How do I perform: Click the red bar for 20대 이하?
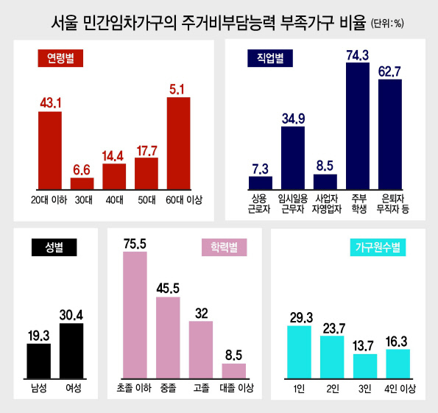pyautogui.click(x=50, y=151)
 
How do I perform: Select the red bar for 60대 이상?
pyautogui.click(x=178, y=144)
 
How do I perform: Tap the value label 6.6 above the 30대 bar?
pyautogui.click(x=82, y=170)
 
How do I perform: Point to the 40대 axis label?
pyautogui.click(x=114, y=200)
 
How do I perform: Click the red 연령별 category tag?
pyautogui.click(x=60, y=58)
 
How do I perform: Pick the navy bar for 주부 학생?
pyautogui.click(x=358, y=126)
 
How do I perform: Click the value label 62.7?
pyautogui.click(x=389, y=71)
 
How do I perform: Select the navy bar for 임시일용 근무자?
pyautogui.click(x=293, y=158)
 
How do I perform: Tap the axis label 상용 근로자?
pyautogui.click(x=259, y=204)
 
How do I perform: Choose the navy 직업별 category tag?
pyautogui.click(x=270, y=58)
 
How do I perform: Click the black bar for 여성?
pyautogui.click(x=71, y=351)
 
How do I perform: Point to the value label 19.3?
pyautogui.click(x=38, y=336)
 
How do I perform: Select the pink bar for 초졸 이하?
pyautogui.click(x=135, y=315)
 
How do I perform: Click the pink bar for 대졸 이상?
pyautogui.click(x=234, y=371)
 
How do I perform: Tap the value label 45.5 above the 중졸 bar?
pyautogui.click(x=168, y=289)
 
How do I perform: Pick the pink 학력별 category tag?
pyautogui.click(x=224, y=247)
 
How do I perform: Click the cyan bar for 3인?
pyautogui.click(x=365, y=367)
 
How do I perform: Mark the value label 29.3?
pyautogui.click(x=301, y=318)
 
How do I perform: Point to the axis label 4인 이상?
pyautogui.click(x=400, y=389)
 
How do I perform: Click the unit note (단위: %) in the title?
pyautogui.click(x=387, y=24)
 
